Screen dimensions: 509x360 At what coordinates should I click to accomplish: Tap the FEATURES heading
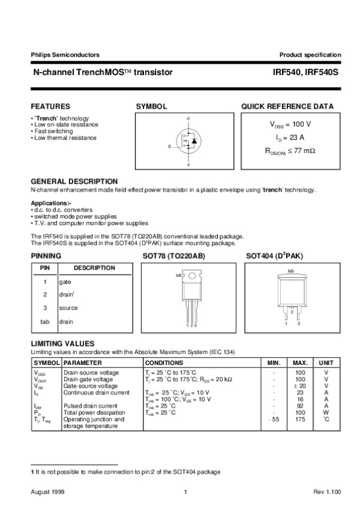(50, 106)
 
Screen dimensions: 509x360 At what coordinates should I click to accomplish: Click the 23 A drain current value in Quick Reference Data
(290, 137)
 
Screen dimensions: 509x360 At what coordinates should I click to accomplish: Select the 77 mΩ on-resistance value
(290, 151)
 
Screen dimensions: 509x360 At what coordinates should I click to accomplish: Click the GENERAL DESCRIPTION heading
(74, 181)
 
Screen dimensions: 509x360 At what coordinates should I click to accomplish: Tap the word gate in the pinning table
(65, 282)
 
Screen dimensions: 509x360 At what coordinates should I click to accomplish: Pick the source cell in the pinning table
(68, 308)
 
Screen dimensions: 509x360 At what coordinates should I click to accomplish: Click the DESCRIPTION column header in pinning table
(95, 268)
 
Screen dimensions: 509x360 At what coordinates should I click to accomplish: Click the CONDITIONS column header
(165, 363)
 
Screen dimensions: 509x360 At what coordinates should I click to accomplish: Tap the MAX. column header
(300, 363)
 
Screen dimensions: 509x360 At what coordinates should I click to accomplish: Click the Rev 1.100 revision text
(327, 492)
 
